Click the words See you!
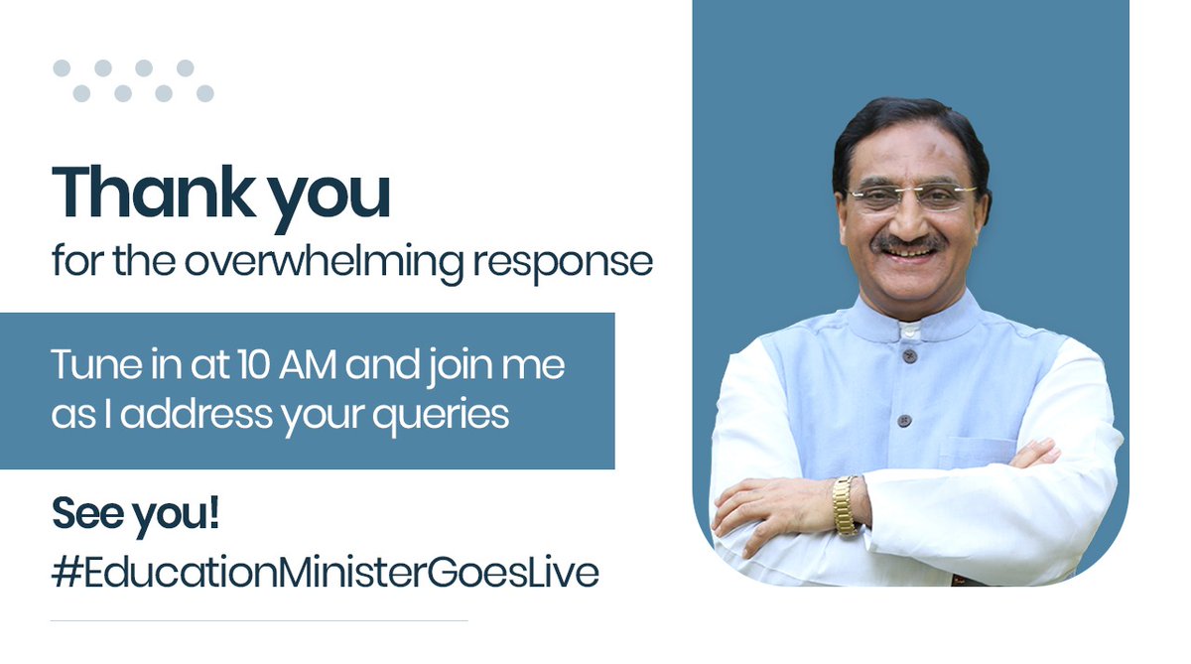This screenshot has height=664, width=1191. pos(135,517)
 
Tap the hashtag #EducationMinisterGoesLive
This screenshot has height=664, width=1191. pos(325,574)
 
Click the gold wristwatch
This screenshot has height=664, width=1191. pos(845,505)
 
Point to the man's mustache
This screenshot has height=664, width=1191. pos(908,243)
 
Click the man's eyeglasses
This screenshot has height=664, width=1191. pos(911,197)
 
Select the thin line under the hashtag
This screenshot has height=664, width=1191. pos(258,621)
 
